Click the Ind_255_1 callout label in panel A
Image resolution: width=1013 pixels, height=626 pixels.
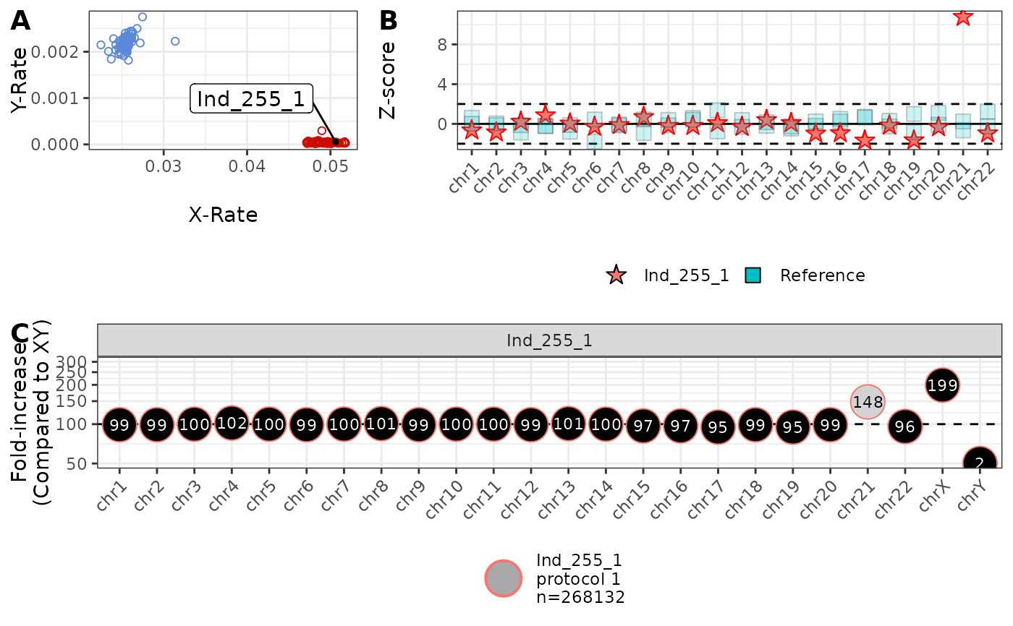[x=251, y=99]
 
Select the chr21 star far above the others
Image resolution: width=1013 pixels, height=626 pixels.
[x=962, y=16]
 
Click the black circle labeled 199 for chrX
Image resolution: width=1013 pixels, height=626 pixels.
[x=942, y=385]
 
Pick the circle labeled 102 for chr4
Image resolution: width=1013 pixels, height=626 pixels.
[x=232, y=424]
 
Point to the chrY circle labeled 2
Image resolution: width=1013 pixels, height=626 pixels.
[x=980, y=463]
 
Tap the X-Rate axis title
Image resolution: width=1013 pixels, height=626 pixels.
[x=223, y=215]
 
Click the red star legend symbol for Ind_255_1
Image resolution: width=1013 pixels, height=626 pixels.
[x=616, y=275]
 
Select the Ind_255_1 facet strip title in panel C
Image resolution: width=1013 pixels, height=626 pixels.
[x=549, y=340]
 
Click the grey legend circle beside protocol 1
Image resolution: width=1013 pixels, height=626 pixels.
[x=503, y=578]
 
